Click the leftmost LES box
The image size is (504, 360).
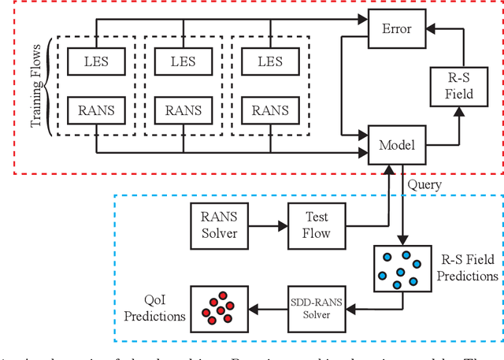[97, 59]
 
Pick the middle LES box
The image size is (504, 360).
[183, 59]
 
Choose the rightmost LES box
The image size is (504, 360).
[268, 59]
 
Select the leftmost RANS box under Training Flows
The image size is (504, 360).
[97, 109]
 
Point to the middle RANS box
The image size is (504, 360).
[183, 109]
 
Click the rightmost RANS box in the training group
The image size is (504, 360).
[268, 109]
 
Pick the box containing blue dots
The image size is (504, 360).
[399, 268]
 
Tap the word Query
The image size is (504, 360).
[426, 184]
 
